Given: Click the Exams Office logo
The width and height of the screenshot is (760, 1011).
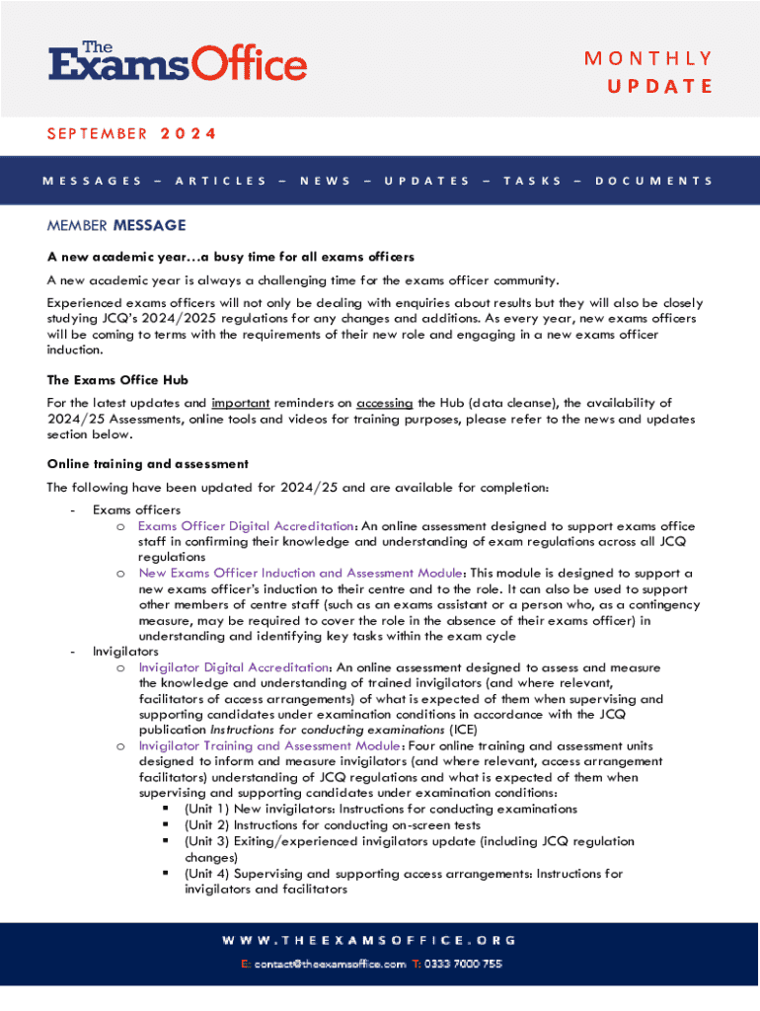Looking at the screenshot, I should tap(178, 61).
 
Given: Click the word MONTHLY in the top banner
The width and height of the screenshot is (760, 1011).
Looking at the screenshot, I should tap(648, 58).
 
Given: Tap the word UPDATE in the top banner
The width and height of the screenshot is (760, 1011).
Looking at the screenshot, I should tap(659, 86).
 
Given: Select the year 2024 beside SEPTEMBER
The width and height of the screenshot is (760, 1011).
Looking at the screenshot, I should tap(189, 133).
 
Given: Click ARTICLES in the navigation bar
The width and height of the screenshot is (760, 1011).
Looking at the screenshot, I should tap(220, 181).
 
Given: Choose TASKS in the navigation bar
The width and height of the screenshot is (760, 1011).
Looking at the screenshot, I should tap(532, 181).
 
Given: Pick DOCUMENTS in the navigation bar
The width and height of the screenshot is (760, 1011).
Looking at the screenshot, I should tap(654, 181).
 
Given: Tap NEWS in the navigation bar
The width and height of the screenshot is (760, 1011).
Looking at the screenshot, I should tap(325, 181).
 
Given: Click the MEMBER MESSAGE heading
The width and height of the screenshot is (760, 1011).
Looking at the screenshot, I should tap(116, 226).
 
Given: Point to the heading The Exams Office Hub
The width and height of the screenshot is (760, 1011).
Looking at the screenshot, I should tap(117, 379).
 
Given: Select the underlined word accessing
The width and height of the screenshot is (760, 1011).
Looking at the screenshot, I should tap(384, 403).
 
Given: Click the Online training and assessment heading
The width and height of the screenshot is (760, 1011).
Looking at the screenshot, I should tap(148, 463).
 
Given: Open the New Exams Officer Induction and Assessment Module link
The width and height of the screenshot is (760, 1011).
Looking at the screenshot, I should tap(300, 573).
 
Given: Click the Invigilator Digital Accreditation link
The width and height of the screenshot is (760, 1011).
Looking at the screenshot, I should tap(233, 668).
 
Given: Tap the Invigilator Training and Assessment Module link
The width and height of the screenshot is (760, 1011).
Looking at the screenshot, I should tap(269, 745).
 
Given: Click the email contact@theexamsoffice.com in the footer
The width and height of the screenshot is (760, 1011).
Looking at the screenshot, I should tap(330, 964).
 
